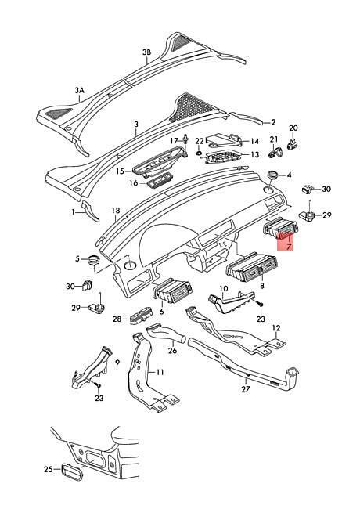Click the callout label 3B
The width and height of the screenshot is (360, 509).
point(146,52)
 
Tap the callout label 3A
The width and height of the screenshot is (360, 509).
point(80,90)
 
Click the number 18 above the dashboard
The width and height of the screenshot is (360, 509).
point(116,211)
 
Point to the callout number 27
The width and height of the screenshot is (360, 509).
point(246,389)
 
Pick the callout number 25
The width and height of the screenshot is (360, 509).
point(49,469)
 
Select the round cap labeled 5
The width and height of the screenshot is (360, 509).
point(94,260)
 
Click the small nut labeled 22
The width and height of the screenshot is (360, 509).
point(199,152)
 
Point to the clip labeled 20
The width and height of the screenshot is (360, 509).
point(293,143)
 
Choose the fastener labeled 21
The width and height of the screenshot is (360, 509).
point(275,152)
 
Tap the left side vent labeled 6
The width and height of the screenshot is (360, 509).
point(172,291)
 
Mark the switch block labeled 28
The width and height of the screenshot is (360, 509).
point(141,315)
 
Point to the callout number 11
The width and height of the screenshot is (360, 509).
point(160,372)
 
